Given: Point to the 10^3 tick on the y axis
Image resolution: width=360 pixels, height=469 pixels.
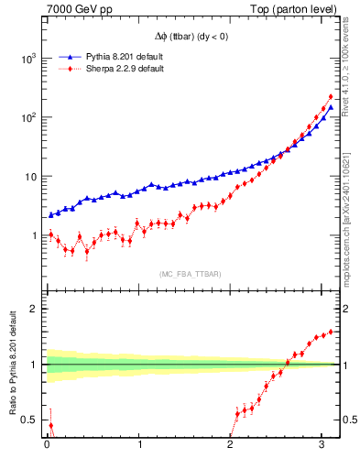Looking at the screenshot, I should (29, 58).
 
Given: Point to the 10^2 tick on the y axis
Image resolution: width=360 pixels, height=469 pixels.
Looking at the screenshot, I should (29, 117).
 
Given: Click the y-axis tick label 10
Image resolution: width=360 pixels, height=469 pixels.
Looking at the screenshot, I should (32, 177).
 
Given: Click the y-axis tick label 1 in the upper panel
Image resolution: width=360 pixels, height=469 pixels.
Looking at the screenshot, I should (37, 235).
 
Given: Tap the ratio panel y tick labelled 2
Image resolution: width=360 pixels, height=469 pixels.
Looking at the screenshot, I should (37, 309).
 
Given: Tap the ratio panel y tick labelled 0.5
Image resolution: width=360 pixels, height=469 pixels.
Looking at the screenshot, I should (33, 420).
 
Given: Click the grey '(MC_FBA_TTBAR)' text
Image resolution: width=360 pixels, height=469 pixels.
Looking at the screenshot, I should (191, 275).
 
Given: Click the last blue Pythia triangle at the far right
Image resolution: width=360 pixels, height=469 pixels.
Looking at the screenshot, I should (331, 107).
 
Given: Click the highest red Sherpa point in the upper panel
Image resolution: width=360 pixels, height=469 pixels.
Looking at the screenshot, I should (331, 96).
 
